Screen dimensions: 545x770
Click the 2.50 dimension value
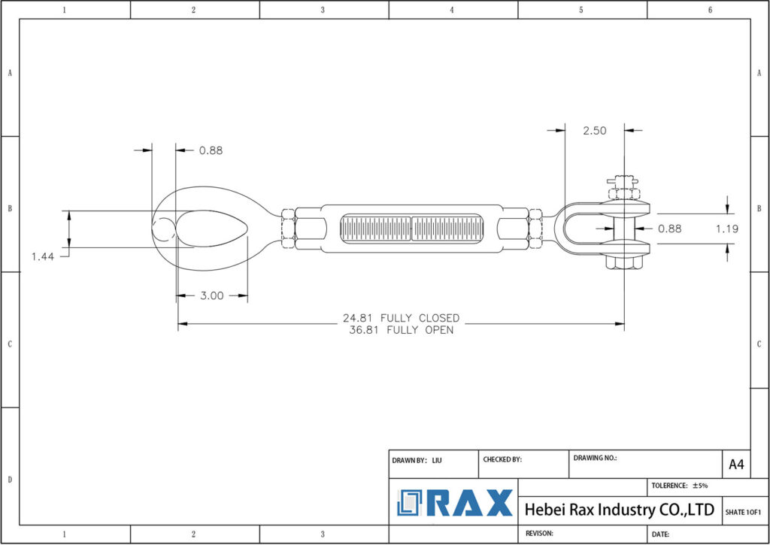pyautogui.click(x=594, y=130)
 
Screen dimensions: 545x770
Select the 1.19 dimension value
pyautogui.click(x=727, y=229)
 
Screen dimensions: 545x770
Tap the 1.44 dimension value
pyautogui.click(x=44, y=257)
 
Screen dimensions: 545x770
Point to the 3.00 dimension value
pyautogui.click(x=212, y=295)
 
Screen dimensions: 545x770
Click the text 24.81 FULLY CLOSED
pyautogui.click(x=401, y=318)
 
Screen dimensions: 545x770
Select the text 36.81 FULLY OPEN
pyautogui.click(x=401, y=329)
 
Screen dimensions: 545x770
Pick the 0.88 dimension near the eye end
pyautogui.click(x=211, y=150)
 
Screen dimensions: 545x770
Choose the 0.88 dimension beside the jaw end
pyautogui.click(x=669, y=229)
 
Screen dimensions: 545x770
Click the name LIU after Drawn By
pyautogui.click(x=437, y=459)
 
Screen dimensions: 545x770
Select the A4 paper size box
pyautogui.click(x=736, y=465)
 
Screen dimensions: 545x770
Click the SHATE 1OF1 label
pyautogui.click(x=743, y=512)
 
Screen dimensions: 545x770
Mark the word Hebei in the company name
pyautogui.click(x=544, y=510)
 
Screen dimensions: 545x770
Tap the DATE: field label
pyautogui.click(x=660, y=534)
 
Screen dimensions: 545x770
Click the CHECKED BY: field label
pyautogui.click(x=502, y=459)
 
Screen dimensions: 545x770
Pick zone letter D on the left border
pyautogui.click(x=10, y=479)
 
